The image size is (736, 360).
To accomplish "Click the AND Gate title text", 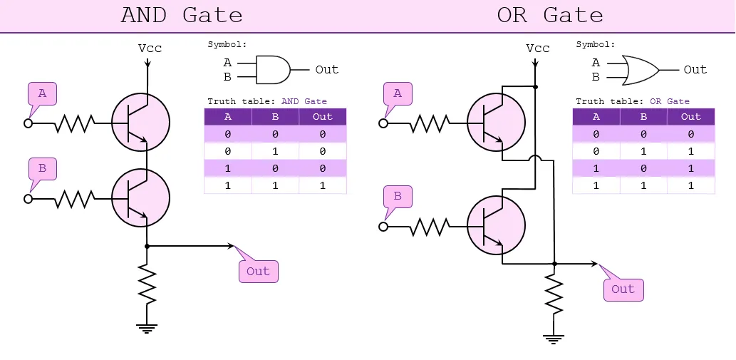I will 182,15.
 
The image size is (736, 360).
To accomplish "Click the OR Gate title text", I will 549,15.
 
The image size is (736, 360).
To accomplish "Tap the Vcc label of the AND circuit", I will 150,48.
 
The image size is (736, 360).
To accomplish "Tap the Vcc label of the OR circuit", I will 537,48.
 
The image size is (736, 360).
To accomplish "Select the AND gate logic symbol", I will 272,70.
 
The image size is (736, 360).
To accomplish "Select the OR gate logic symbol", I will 640,70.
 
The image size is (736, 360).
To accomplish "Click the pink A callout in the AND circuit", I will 42,94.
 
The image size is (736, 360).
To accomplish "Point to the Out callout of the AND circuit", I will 257,271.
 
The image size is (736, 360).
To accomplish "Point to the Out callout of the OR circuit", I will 622,289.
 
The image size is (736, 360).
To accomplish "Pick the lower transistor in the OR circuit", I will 496,226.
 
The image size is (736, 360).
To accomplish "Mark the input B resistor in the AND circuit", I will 76,198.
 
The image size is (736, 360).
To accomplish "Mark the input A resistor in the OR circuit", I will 430,123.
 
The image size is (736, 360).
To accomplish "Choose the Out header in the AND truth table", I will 323,117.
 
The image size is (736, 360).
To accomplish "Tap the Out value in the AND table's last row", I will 323,185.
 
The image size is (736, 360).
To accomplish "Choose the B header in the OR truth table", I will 643,117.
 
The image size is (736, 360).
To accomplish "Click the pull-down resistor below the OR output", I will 554,292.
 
